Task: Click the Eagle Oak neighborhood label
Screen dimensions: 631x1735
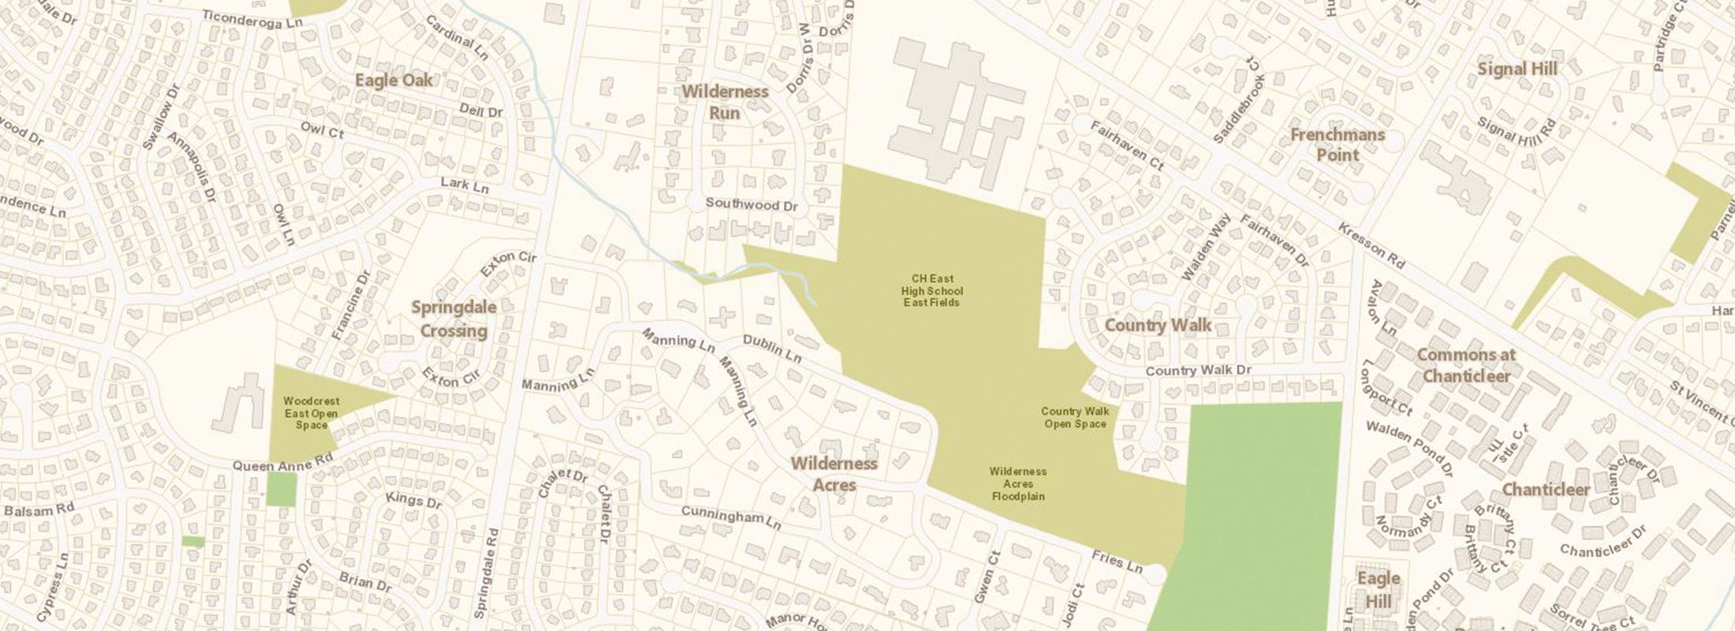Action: click(394, 80)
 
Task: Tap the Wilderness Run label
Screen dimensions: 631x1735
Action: click(725, 102)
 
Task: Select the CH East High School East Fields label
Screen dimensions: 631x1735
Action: click(932, 290)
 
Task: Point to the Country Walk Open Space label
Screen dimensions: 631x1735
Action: click(1075, 417)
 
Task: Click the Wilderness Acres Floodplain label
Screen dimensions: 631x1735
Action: click(1017, 484)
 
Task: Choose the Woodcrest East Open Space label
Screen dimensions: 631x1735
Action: click(311, 413)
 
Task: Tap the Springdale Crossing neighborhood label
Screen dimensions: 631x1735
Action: click(453, 319)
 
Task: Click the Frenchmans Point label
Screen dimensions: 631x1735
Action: click(1338, 144)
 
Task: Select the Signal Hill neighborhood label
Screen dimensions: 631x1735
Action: click(1517, 69)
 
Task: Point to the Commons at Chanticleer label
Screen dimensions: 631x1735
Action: click(1466, 365)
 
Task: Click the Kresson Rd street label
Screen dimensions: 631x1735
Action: click(1371, 245)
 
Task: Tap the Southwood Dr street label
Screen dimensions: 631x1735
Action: click(752, 204)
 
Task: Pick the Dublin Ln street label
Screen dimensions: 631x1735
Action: click(772, 349)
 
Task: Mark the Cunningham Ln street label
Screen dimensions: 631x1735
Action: click(731, 517)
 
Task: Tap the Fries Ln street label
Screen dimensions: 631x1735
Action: click(1117, 562)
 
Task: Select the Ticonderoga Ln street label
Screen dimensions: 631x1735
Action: click(252, 19)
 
